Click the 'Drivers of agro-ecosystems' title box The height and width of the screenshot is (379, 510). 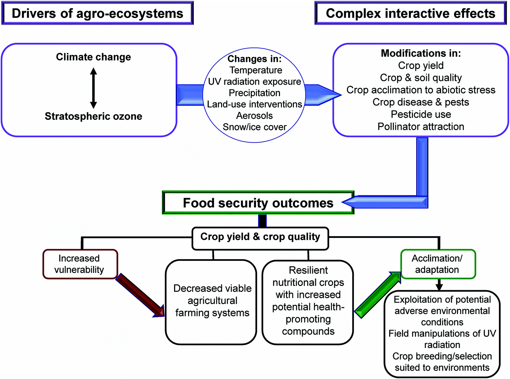(x=98, y=13)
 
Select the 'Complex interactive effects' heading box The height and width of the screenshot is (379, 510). (x=410, y=13)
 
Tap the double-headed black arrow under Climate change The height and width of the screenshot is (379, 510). (x=93, y=88)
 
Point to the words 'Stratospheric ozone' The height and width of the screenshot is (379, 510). (x=93, y=116)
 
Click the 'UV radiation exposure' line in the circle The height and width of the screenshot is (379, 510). (x=255, y=82)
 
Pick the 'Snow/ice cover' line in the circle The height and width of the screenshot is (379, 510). (x=255, y=127)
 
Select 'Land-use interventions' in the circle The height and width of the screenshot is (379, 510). (x=255, y=104)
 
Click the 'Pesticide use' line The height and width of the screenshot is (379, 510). (x=421, y=114)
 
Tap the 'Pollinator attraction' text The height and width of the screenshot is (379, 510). (x=421, y=126)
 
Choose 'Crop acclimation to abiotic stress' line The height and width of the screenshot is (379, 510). (x=421, y=90)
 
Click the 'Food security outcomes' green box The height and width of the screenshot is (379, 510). (x=258, y=203)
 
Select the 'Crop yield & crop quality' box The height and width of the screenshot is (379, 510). (x=260, y=238)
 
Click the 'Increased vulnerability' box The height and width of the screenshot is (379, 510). (x=80, y=264)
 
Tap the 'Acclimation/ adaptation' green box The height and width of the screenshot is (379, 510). (x=438, y=264)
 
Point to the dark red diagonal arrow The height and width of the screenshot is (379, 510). (x=140, y=295)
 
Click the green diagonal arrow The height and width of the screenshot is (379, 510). (x=378, y=295)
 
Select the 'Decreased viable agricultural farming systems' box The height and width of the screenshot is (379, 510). (x=211, y=302)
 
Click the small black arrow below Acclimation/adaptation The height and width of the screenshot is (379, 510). (x=439, y=284)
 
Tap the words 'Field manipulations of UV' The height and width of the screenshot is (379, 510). (x=442, y=333)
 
